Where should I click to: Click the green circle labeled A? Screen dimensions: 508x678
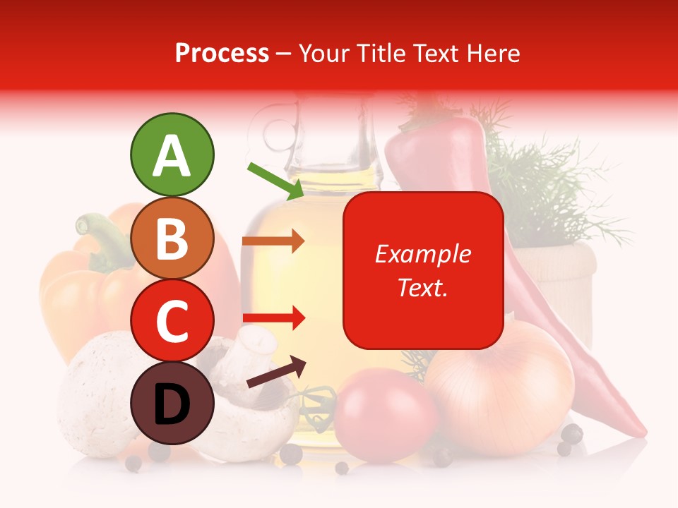172,155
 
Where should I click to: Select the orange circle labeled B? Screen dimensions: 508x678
172,238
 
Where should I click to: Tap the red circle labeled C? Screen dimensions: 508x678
172,321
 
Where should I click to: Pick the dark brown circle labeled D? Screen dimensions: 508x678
172,404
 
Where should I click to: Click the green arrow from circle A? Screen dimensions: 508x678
276,181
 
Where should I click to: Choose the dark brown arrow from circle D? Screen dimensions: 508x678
276,372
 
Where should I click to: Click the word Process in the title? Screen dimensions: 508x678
222,53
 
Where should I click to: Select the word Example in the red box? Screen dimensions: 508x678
422,254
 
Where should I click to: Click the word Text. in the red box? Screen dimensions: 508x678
422,287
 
